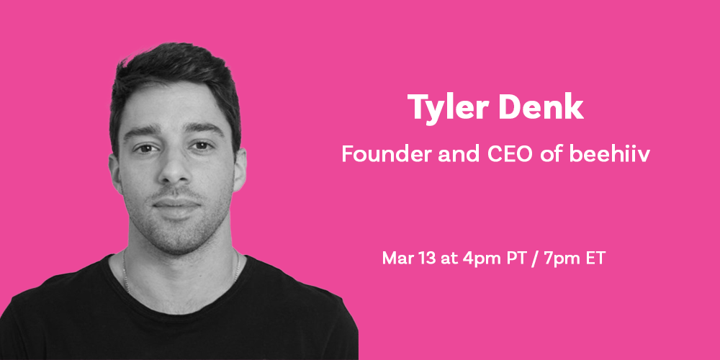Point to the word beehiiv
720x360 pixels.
coord(610,154)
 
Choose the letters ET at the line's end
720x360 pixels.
coord(596,258)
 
